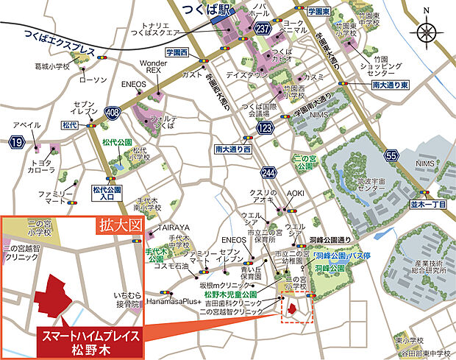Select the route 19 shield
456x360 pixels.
[x=17, y=141]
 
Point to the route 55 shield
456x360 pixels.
[x=391, y=155]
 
